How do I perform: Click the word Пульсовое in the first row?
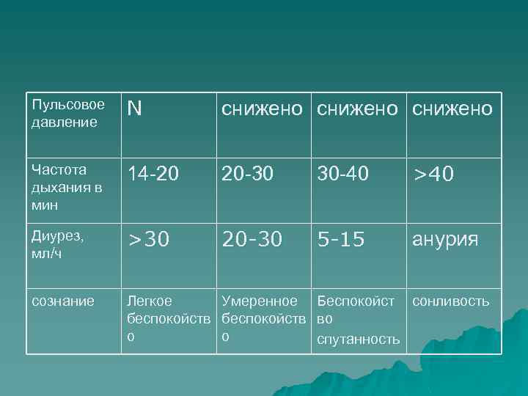click(x=67, y=105)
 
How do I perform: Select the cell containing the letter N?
click(x=134, y=109)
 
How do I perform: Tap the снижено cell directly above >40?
click(x=452, y=109)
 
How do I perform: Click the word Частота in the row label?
click(x=59, y=169)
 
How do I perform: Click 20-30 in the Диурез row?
click(x=252, y=240)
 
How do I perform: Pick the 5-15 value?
click(x=341, y=240)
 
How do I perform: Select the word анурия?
click(x=445, y=240)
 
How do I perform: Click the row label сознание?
click(x=63, y=301)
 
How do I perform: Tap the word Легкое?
click(x=150, y=301)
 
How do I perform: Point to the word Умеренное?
click(x=260, y=301)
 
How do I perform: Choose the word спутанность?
click(x=358, y=339)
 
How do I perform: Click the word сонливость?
click(x=451, y=301)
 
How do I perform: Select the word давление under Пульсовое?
click(x=65, y=122)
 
